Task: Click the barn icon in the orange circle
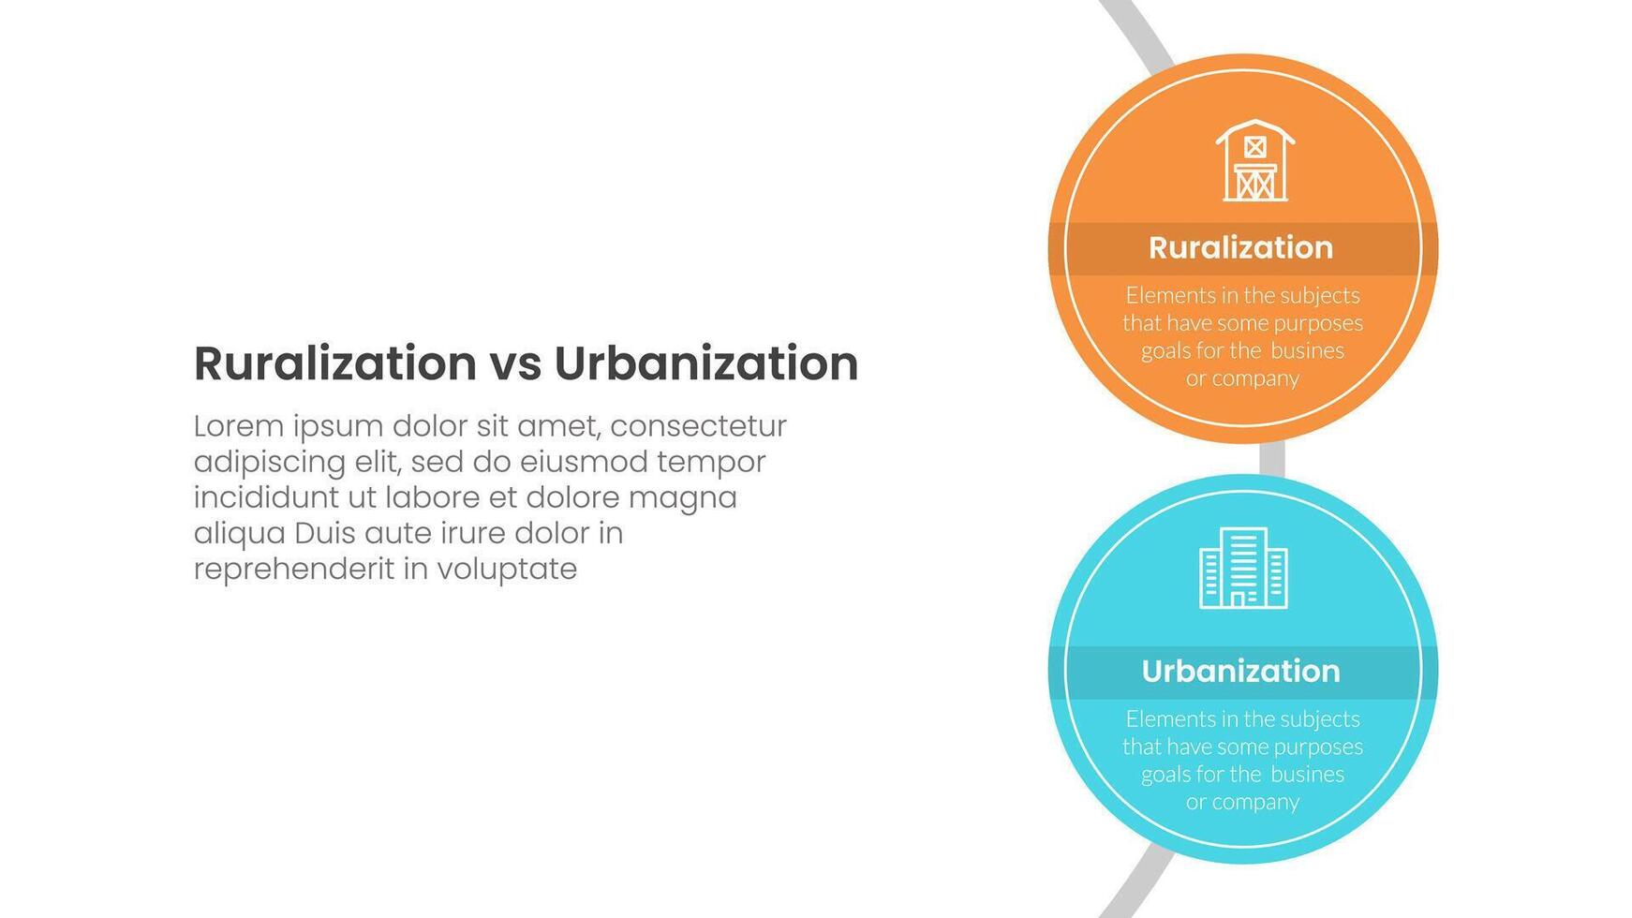pyautogui.click(x=1254, y=160)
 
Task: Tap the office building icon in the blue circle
pyautogui.click(x=1243, y=568)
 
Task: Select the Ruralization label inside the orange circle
pyautogui.click(x=1240, y=247)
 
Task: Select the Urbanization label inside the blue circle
pyautogui.click(x=1240, y=671)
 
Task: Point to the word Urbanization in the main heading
pyautogui.click(x=706, y=363)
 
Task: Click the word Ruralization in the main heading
pyautogui.click(x=335, y=363)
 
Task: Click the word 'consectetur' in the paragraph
pyautogui.click(x=698, y=426)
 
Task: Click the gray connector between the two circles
pyautogui.click(x=1272, y=459)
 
